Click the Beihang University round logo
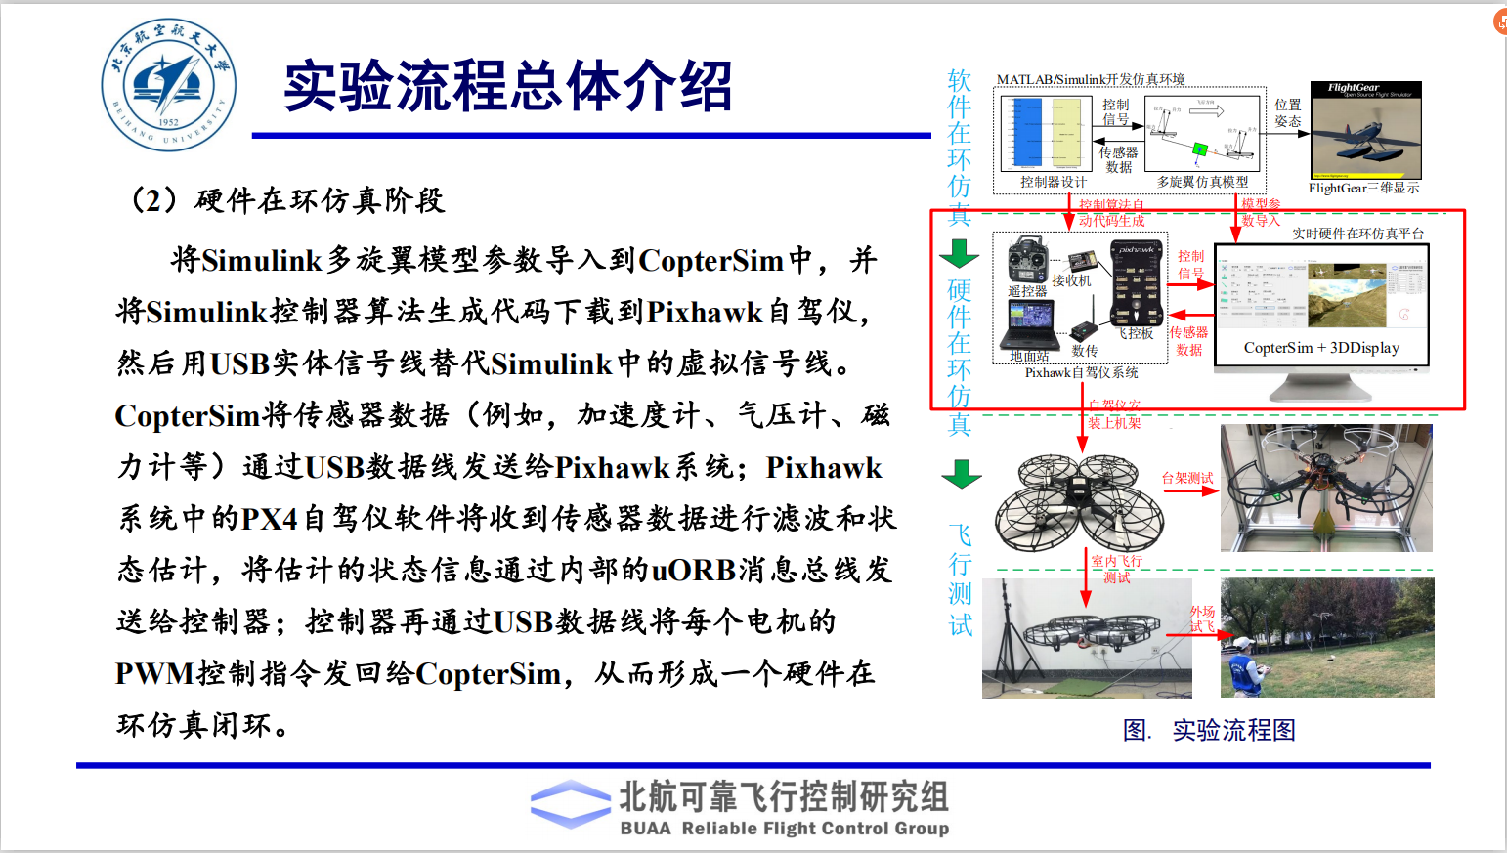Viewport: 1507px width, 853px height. click(x=168, y=85)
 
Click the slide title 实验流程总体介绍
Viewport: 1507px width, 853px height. click(x=507, y=86)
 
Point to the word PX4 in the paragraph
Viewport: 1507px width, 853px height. click(x=269, y=518)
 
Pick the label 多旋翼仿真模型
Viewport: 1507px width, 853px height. click(x=1202, y=182)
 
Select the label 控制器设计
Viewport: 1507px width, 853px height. click(x=1053, y=182)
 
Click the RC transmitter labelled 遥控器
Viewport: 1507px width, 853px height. click(x=1028, y=261)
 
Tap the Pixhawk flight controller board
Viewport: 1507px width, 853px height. click(x=1138, y=282)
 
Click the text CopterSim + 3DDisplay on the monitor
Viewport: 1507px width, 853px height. click(x=1321, y=348)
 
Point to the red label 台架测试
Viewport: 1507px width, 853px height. click(x=1186, y=478)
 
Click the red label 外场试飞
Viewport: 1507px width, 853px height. click(x=1202, y=618)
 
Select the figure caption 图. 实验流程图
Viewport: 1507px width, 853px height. click(x=1209, y=730)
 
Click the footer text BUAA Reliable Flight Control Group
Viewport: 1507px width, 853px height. click(x=785, y=829)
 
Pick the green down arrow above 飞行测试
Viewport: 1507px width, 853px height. click(x=961, y=474)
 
